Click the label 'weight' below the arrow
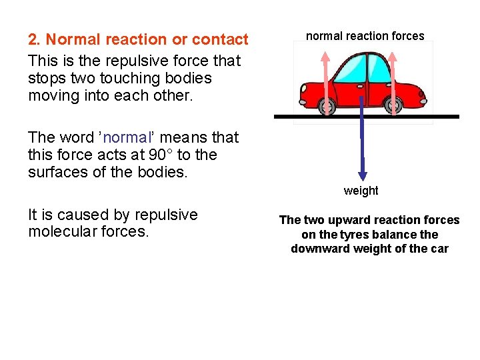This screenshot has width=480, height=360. [361, 191]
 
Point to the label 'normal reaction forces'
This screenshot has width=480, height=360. [365, 36]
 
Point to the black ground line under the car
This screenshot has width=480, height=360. [427, 117]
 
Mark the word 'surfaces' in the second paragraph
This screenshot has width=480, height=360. [57, 173]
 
